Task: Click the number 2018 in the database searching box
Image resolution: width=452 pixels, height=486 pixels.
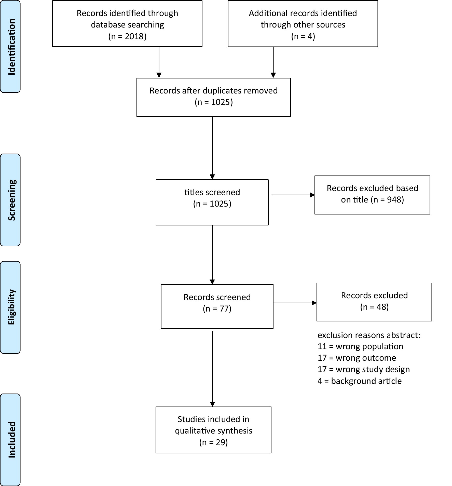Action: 134,36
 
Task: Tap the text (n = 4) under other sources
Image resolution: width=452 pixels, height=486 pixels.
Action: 303,36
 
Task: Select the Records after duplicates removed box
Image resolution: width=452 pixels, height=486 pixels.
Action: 213,97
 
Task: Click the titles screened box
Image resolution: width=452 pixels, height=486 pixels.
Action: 212,202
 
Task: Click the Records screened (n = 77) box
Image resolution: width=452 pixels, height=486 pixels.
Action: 217,306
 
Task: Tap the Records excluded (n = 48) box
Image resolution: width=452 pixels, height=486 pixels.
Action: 374,302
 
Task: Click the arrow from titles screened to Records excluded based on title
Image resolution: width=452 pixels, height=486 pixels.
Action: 293,195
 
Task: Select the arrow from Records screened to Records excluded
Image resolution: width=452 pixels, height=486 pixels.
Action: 295,303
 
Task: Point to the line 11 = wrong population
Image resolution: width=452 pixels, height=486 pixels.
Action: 360,346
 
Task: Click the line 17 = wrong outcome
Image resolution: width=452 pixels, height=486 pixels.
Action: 357,358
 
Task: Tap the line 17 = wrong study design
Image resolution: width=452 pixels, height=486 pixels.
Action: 364,369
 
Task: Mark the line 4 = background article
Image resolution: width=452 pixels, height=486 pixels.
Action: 360,381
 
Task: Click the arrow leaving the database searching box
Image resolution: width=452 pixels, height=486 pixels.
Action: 159,62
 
